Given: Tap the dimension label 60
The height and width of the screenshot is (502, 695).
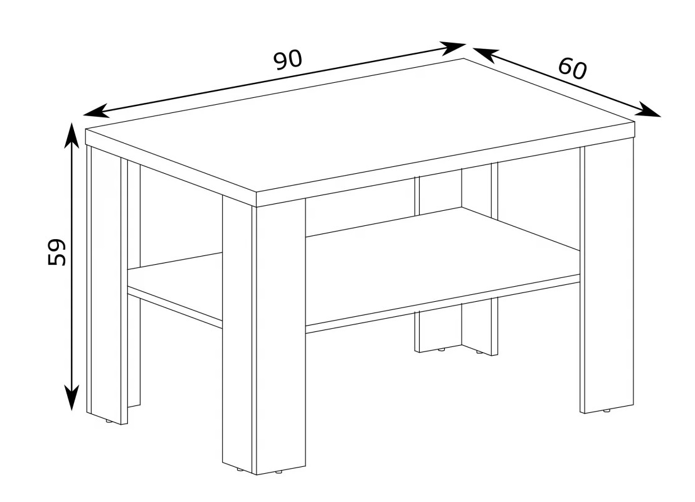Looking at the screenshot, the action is tap(573, 68).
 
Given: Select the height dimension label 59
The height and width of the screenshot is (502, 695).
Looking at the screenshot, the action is tap(56, 252).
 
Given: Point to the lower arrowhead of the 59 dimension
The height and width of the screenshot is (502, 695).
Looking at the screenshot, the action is tap(72, 398).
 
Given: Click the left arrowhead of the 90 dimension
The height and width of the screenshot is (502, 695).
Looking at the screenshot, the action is tap(96, 111).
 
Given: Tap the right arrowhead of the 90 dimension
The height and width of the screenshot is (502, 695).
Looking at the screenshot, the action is tap(452, 48).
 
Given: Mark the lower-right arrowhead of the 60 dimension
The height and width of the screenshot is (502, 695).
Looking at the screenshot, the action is tap(647, 110).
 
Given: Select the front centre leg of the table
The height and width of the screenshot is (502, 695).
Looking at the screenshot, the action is tap(264, 335).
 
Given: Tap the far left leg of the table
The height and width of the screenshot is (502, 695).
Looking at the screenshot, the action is tap(107, 284).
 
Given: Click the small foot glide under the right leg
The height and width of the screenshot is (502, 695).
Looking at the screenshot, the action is tap(607, 411).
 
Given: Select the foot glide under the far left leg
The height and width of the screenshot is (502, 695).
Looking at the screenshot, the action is tap(109, 422).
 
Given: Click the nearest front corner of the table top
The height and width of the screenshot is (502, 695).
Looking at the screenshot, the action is tap(257, 193).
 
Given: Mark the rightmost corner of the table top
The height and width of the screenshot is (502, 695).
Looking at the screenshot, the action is tap(635, 122).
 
